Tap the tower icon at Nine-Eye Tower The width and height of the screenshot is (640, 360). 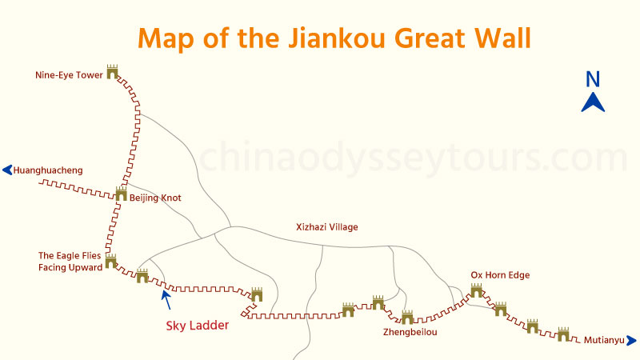pos(112,72)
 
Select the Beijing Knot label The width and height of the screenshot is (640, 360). pos(155,198)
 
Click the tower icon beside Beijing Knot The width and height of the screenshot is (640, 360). pos(121,194)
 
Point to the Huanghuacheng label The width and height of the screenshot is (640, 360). pos(49,170)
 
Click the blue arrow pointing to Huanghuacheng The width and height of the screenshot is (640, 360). pos(7,170)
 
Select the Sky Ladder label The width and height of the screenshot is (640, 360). pos(198,326)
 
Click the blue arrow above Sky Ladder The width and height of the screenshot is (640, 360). pos(166,298)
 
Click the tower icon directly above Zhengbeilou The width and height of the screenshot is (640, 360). pos(407,318)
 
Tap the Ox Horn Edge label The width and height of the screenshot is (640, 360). pos(500,276)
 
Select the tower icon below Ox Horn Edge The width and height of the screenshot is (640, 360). pos(477,290)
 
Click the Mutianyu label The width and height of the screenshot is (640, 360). pos(603,340)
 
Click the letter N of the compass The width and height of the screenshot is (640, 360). pos(593,79)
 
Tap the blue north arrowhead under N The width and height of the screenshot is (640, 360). pos(593,102)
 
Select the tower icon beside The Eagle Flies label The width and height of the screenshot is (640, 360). pos(111,262)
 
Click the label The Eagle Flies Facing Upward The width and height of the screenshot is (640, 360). pos(70,262)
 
